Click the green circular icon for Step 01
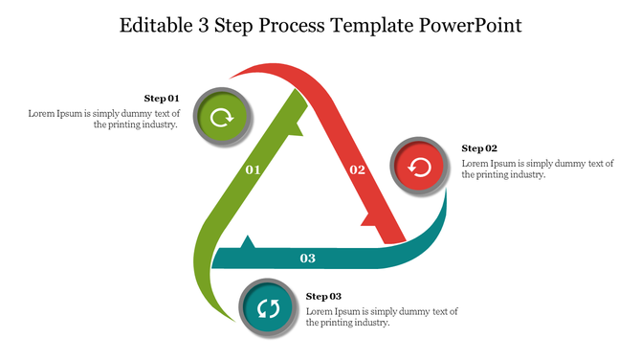(222, 118)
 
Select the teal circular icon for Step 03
(268, 308)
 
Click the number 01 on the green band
(254, 169)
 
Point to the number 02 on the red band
(357, 169)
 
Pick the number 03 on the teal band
(307, 259)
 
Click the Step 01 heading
(162, 99)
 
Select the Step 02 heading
(479, 148)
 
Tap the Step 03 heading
(323, 297)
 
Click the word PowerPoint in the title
(471, 26)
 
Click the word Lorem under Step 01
(42, 113)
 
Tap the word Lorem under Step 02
(476, 163)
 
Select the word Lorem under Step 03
(320, 311)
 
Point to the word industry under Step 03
(368, 323)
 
